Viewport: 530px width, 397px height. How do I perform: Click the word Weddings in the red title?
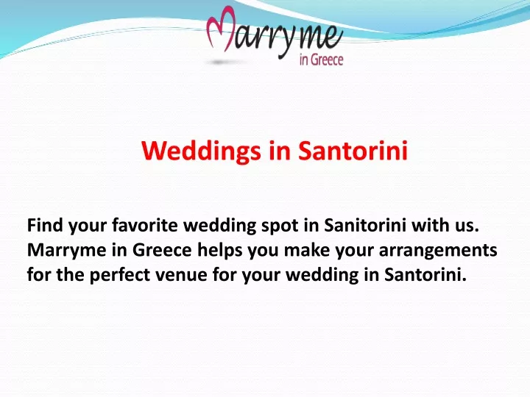(201, 151)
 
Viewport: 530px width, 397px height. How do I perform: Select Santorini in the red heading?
(353, 150)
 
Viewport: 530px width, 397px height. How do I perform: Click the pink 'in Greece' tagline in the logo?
(321, 60)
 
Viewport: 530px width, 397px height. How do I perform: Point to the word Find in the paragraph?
(45, 225)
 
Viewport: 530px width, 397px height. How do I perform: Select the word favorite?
(145, 225)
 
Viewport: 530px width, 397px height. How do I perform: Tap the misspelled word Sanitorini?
(365, 225)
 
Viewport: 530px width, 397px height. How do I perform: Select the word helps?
(219, 251)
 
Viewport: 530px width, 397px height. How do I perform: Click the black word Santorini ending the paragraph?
(425, 275)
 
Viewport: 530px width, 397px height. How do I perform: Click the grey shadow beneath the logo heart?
(219, 62)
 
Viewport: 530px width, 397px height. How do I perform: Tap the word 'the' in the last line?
(71, 275)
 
